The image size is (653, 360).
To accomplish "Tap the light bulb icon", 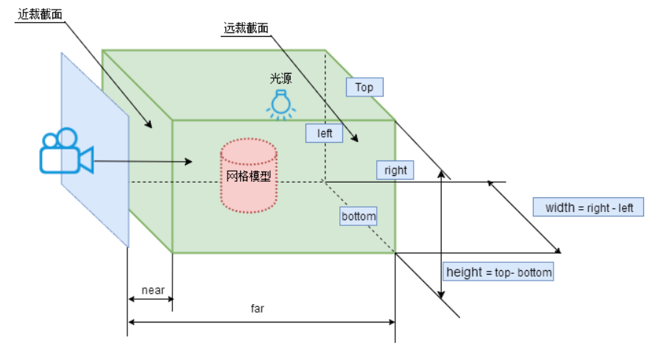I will (280, 103).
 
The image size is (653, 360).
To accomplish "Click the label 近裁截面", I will (39, 15).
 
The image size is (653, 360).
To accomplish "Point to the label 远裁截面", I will (246, 29).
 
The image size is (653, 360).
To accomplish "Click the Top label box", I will (364, 88).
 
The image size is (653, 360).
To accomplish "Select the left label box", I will (325, 133).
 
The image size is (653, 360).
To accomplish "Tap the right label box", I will (395, 170).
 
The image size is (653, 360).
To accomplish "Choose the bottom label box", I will (359, 216).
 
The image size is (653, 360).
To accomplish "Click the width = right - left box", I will (589, 208).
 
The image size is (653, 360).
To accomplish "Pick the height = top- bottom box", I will (498, 272).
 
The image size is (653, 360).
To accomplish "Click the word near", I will (152, 290).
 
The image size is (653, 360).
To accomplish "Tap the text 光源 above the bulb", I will (280, 77).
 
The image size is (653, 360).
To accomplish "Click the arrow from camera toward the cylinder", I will (144, 161).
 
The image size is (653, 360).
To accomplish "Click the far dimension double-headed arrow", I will (261, 322).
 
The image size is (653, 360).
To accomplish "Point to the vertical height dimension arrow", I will (440, 236).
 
